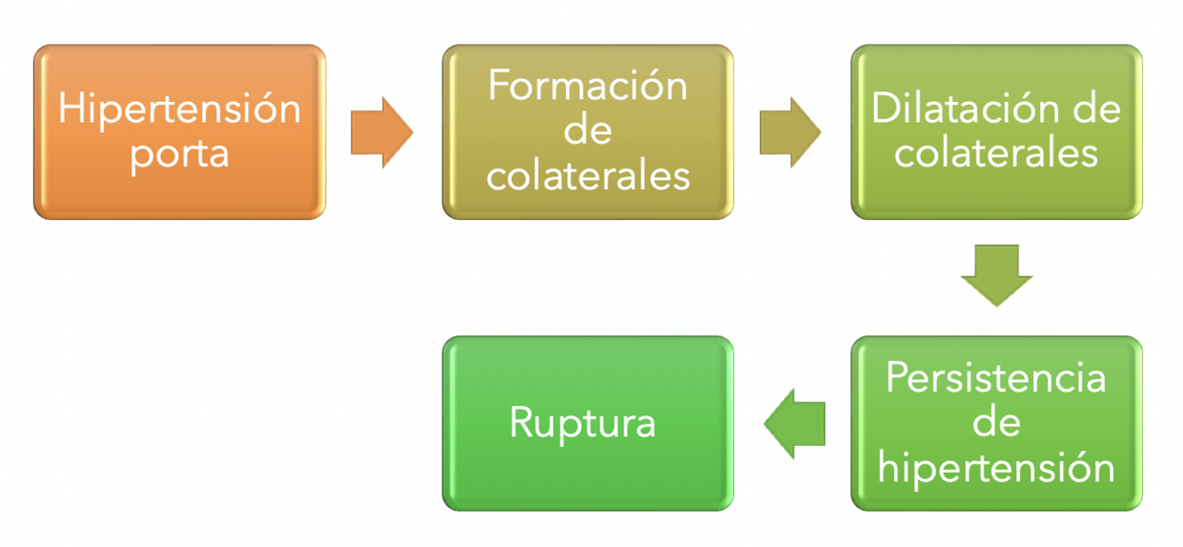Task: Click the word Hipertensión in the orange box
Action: point(180,109)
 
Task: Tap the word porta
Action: point(180,153)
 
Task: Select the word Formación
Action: point(588,87)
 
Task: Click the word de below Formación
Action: point(588,130)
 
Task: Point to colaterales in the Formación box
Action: point(588,175)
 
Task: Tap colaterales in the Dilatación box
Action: point(996,152)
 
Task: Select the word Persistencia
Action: point(996,379)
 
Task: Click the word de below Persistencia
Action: point(996,423)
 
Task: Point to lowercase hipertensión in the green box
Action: point(996,467)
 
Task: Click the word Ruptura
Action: point(583,424)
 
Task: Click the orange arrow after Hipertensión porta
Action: point(382,132)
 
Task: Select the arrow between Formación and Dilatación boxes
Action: point(791,132)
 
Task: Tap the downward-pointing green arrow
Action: point(996,275)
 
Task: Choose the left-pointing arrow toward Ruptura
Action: point(794,423)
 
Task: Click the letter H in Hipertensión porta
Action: point(69,109)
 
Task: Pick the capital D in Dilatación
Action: point(884,109)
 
